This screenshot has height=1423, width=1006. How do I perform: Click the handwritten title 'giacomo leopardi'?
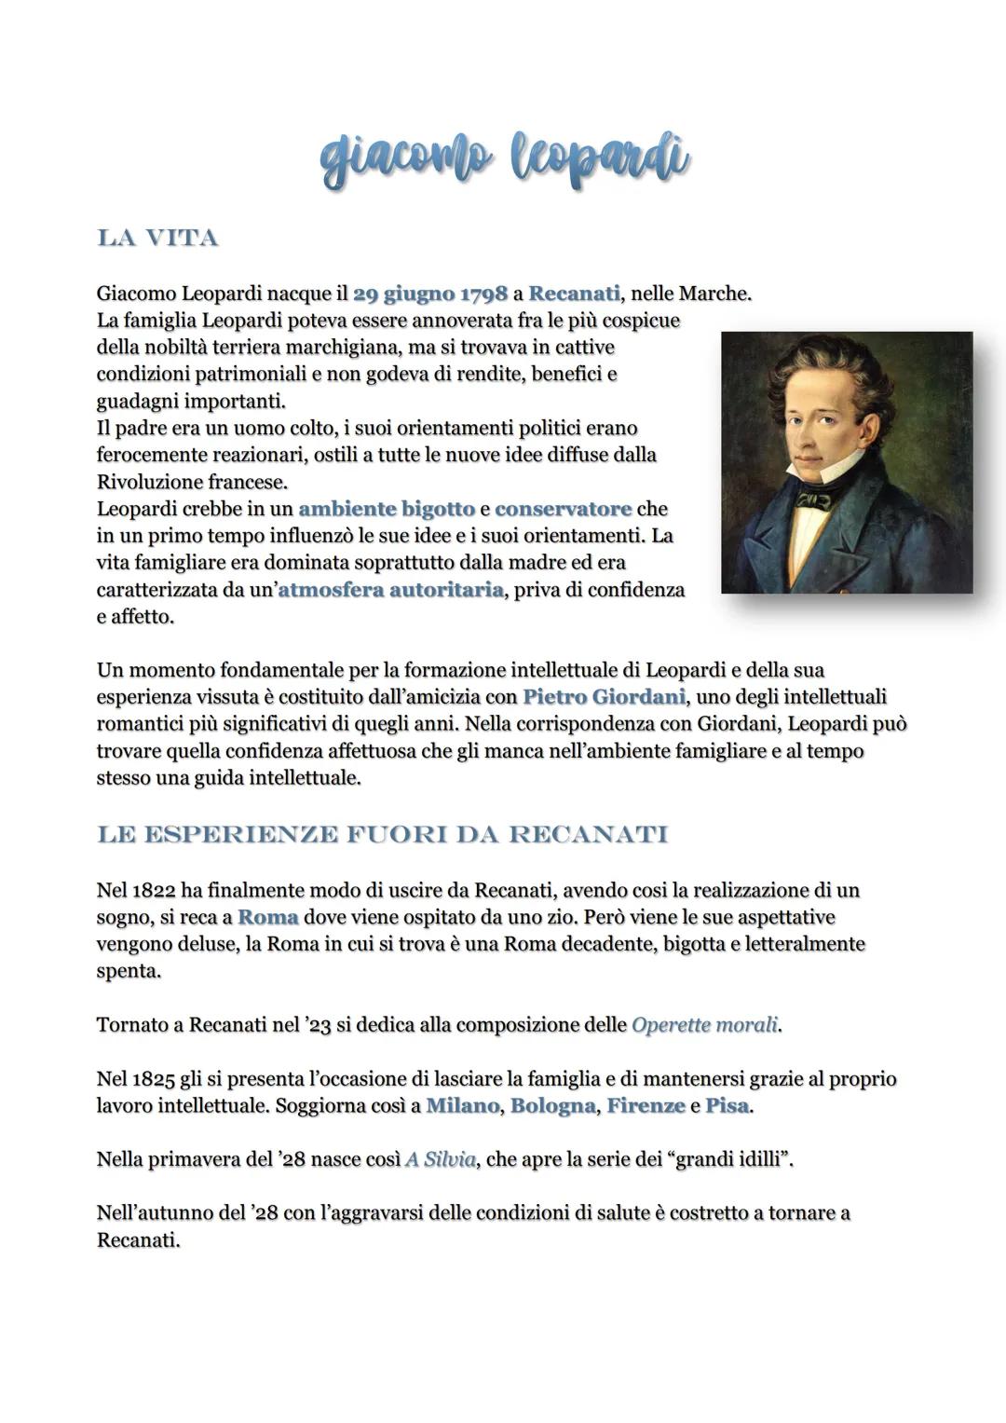pos(504,159)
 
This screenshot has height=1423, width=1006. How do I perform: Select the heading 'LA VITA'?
pos(157,239)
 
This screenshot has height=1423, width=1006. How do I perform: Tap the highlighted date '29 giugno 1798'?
pos(430,294)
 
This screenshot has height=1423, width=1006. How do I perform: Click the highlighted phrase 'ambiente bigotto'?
pos(387,509)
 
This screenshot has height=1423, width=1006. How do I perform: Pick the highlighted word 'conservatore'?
pos(563,509)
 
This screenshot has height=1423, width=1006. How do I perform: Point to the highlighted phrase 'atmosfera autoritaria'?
pos(390,590)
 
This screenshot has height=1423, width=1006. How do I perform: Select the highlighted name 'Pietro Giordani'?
pos(604,696)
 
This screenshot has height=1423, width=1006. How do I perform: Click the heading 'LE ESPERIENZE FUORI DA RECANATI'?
pos(382,834)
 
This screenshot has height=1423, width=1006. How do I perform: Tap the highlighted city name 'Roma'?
pos(267,916)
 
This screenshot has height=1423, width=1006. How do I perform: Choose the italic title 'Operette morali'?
pos(704,1025)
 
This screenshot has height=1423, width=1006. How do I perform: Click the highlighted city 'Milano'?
pos(463,1106)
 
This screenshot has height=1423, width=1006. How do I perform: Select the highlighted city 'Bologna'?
pos(552,1106)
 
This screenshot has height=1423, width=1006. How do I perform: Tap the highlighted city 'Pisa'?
pos(727,1106)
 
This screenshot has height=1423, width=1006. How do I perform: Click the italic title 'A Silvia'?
pos(440,1160)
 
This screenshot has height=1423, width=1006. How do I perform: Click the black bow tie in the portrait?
pos(813,500)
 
